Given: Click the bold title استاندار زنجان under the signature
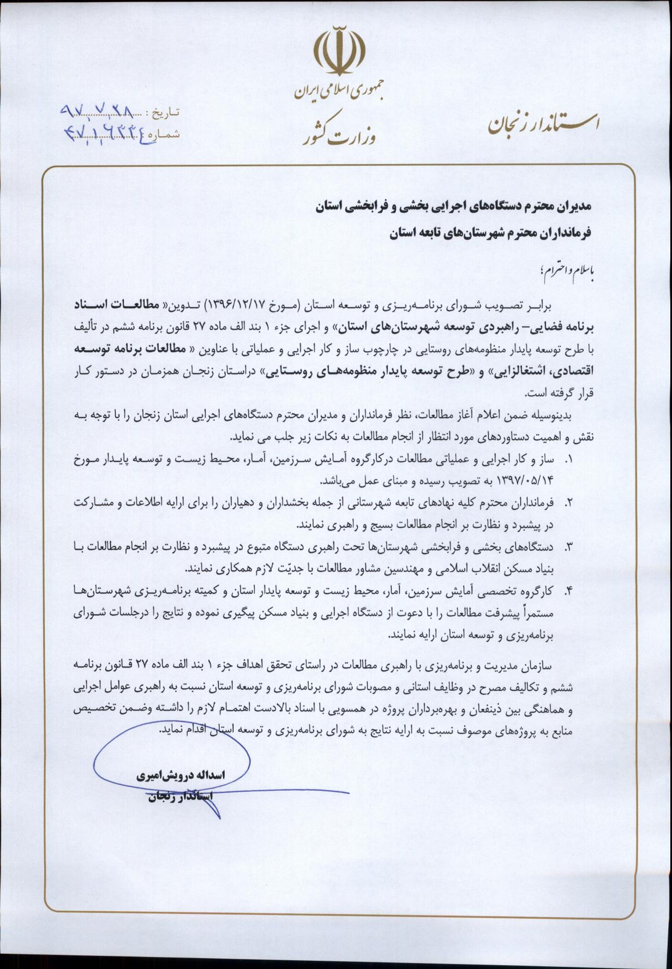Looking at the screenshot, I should click(x=179, y=797).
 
